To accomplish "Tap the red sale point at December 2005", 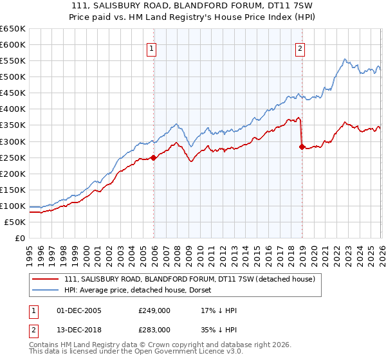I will (153, 157).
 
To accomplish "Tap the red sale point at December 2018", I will (302, 147).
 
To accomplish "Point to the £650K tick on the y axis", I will (13, 29).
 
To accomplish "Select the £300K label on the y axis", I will (13, 141).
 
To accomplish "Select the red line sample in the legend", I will (45, 279).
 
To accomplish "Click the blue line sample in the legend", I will (45, 290).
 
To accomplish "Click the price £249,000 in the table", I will (154, 310).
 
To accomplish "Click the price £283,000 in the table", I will (154, 330).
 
